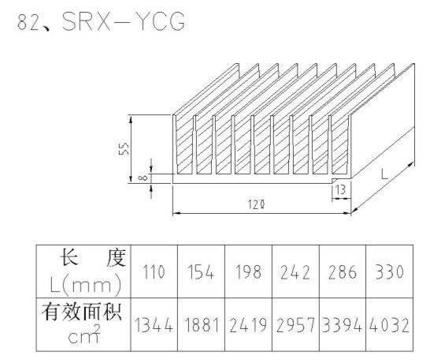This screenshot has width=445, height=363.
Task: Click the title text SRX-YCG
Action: (124, 21)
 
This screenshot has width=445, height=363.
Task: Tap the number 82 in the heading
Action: (28, 22)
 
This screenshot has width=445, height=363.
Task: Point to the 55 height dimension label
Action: (124, 148)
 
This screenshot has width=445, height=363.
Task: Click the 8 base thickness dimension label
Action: (143, 178)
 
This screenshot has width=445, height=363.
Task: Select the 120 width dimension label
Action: (257, 204)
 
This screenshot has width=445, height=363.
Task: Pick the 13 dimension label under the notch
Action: (340, 189)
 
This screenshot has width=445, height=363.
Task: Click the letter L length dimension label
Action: (384, 174)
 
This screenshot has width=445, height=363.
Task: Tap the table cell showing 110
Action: (154, 271)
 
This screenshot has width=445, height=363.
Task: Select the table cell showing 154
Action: (201, 271)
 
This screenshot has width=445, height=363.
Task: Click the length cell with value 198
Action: (248, 271)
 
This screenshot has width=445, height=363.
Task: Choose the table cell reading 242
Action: (295, 272)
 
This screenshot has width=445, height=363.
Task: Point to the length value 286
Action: (343, 272)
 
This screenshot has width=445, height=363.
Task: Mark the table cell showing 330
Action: (389, 271)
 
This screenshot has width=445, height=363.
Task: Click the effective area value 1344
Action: (154, 325)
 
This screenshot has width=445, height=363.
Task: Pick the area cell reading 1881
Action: (202, 325)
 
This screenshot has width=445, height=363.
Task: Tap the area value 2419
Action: (248, 325)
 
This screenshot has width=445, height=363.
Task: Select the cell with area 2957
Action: (295, 325)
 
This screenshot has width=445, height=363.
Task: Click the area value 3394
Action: (343, 325)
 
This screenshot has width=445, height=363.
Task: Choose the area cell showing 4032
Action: (389, 325)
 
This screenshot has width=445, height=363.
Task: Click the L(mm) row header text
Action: (86, 285)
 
